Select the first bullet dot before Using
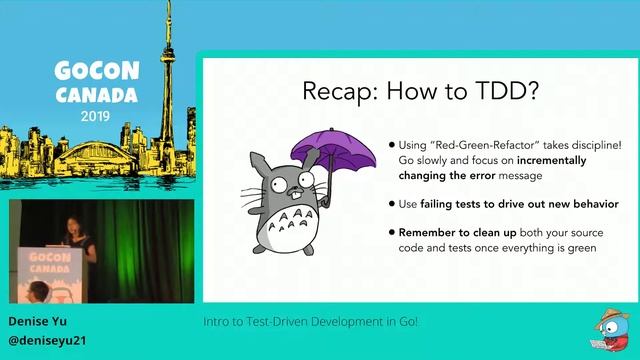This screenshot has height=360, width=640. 391,146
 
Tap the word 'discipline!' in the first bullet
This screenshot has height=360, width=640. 592,146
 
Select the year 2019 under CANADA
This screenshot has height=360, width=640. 96,115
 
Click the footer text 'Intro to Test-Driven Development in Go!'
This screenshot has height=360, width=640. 310,322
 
